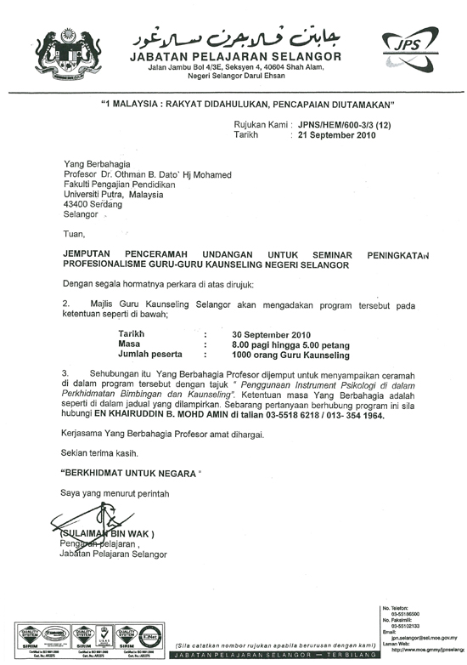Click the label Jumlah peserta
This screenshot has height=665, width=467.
point(149,355)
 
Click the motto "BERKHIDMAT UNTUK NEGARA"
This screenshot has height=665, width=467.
point(134,470)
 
